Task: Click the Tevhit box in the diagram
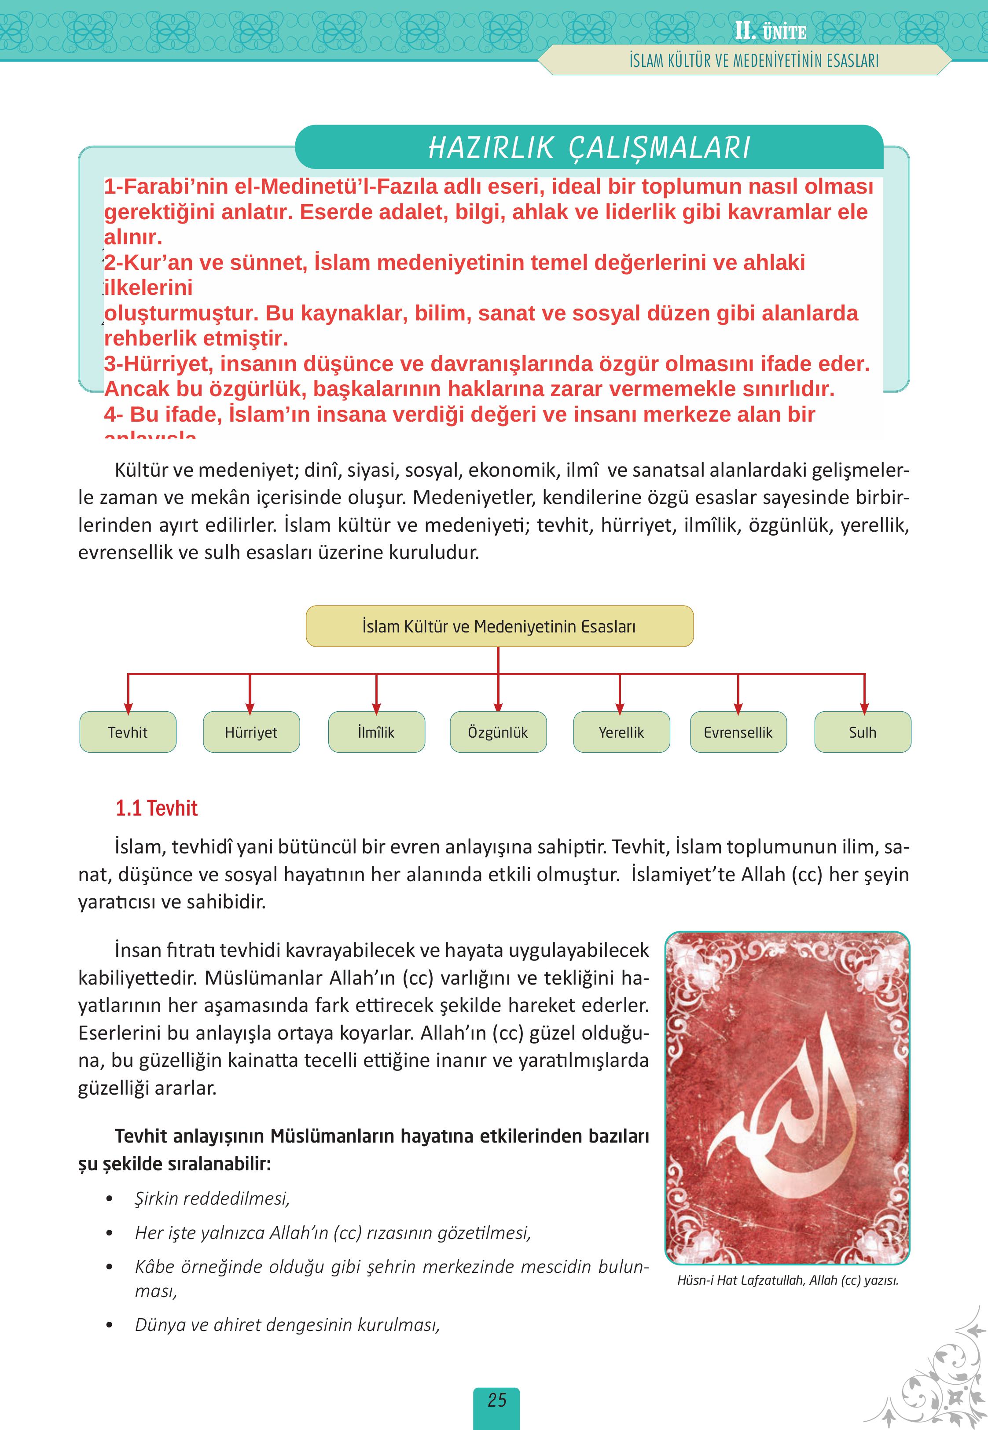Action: (x=128, y=732)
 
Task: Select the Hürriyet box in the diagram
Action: (x=251, y=732)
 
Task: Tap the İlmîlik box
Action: (x=376, y=732)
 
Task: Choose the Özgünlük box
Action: (x=498, y=732)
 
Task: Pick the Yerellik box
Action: (x=621, y=732)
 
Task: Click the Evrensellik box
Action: (x=738, y=732)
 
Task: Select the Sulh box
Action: (x=862, y=732)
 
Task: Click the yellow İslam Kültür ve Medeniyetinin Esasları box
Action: (x=499, y=626)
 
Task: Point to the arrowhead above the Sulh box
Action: (x=864, y=708)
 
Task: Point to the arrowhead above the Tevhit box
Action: (x=128, y=708)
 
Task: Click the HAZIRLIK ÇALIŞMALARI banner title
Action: (x=589, y=148)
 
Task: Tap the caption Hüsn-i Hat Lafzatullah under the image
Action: (x=787, y=1280)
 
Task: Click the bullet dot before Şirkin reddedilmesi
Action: (x=110, y=1199)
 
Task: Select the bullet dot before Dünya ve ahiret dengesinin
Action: (x=110, y=1325)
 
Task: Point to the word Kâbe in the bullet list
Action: (x=155, y=1267)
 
